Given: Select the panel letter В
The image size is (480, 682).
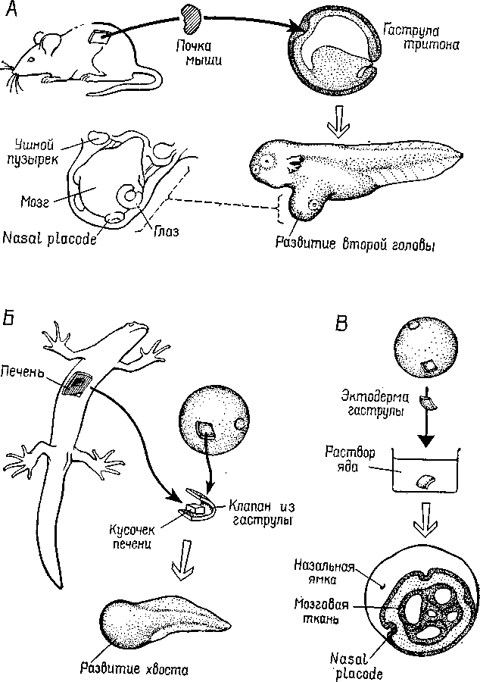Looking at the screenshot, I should [x=342, y=327].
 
